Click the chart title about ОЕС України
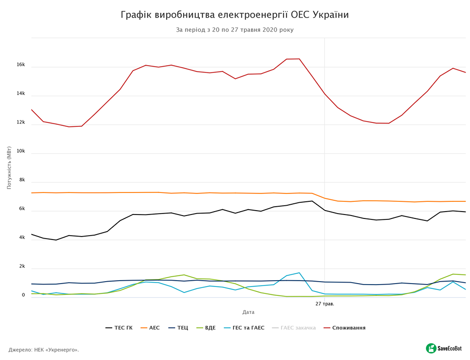pyautogui.click(x=235, y=15)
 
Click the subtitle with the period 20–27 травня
pyautogui.click(x=235, y=30)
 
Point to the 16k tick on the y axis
pyautogui.click(x=21, y=65)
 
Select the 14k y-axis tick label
pyautogui.click(x=21, y=94)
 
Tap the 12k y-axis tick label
pyautogui.click(x=21, y=122)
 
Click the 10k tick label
pyautogui.click(x=21, y=151)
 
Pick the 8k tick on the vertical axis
pyautogui.click(x=22, y=180)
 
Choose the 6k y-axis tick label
pyautogui.click(x=22, y=209)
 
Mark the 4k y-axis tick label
pyautogui.click(x=22, y=238)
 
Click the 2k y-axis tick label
pyautogui.click(x=22, y=267)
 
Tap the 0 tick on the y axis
pyautogui.click(x=23, y=295)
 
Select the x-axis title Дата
pyautogui.click(x=248, y=312)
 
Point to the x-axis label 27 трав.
pyautogui.click(x=325, y=304)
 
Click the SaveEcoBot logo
pyautogui.click(x=444, y=348)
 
